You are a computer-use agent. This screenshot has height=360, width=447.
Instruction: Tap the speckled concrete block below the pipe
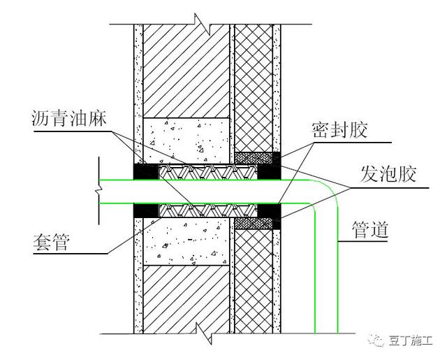click(187, 241)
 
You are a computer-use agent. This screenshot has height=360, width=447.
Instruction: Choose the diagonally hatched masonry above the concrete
click(187, 70)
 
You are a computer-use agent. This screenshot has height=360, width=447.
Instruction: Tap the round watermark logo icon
click(378, 340)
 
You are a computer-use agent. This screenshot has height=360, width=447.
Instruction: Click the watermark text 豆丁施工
click(412, 340)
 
